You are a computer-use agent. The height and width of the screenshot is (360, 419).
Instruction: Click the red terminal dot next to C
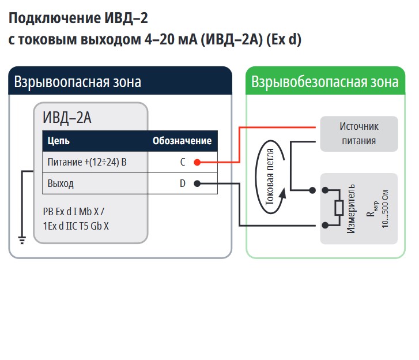[197, 162]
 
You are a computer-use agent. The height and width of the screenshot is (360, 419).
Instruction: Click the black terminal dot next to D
[197, 184]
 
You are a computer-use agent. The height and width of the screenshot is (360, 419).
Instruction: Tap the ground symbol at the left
[21, 239]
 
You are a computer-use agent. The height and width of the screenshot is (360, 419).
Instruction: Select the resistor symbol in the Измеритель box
[339, 207]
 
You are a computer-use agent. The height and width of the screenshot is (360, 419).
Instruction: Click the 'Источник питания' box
[358, 133]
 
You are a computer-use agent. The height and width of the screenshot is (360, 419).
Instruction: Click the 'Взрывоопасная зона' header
[78, 81]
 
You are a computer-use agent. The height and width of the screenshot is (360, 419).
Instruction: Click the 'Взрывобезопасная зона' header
[324, 81]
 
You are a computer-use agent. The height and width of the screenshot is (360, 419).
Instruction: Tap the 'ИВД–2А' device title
[67, 118]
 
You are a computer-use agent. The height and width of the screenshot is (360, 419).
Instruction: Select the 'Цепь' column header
[59, 141]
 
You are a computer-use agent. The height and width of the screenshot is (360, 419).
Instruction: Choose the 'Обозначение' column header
[182, 141]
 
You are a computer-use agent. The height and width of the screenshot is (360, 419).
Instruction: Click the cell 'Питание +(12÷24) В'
[87, 162]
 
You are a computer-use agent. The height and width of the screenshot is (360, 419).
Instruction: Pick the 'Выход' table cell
[61, 184]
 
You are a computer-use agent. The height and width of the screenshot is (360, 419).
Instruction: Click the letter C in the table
[183, 162]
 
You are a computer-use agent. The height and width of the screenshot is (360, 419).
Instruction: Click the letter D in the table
[182, 184]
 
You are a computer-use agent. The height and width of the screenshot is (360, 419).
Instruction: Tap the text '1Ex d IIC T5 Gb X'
[76, 226]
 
